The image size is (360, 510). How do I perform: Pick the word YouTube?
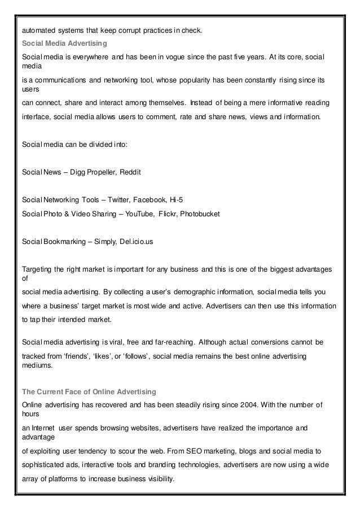[137, 215]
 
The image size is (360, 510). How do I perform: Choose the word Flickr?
[169, 215]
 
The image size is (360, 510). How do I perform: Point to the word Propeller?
[101, 171]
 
